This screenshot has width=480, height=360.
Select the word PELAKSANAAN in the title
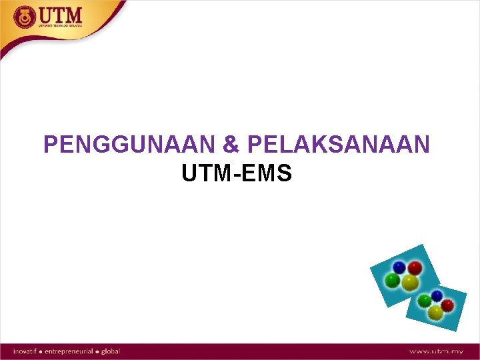pyautogui.click(x=338, y=145)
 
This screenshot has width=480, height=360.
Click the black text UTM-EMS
pyautogui.click(x=237, y=174)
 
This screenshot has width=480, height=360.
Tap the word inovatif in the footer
pyautogui.click(x=27, y=351)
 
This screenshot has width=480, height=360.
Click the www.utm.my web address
pyautogui.click(x=437, y=351)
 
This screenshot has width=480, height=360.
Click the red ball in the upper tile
pyautogui.click(x=415, y=268)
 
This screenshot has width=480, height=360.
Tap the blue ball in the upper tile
pyautogui.click(x=399, y=267)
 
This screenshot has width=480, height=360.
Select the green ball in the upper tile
pyautogui.click(x=393, y=281)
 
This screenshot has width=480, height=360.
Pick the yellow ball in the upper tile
pyautogui.click(x=409, y=283)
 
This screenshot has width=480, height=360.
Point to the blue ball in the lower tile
pyautogui.click(x=437, y=295)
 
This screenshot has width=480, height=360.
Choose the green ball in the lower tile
pyautogui.click(x=424, y=301)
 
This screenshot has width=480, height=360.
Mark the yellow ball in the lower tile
pyautogui.click(x=435, y=311)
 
